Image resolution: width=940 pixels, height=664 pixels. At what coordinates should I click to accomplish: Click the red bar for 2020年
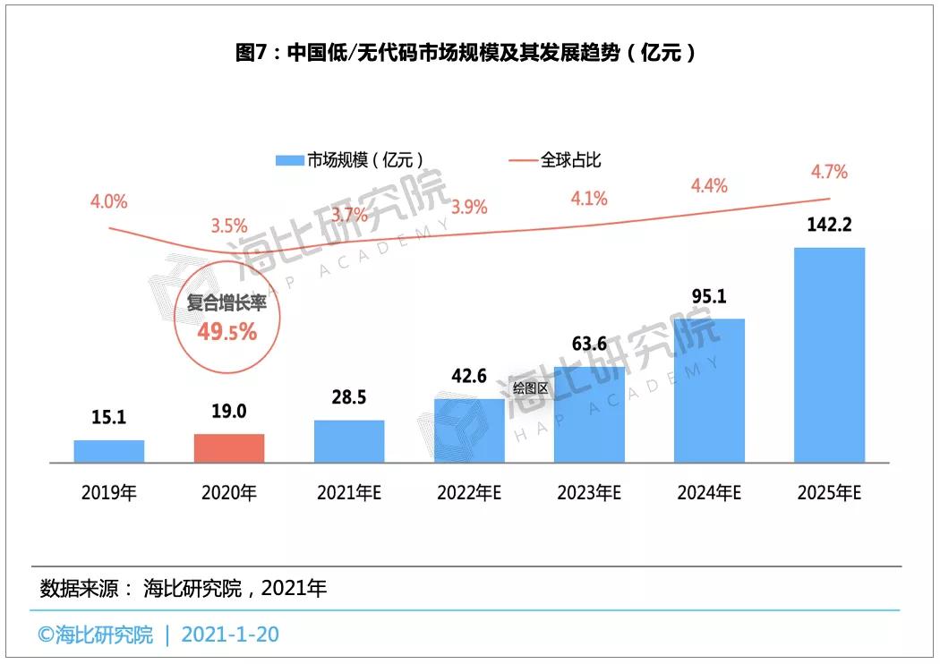point(229,448)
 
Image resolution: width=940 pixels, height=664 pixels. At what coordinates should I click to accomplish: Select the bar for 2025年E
point(830,355)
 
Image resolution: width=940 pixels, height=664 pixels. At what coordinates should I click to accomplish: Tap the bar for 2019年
point(109,451)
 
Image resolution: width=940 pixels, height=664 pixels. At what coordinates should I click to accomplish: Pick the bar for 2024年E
point(709,391)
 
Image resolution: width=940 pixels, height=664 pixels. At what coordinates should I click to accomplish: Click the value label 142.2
point(830,226)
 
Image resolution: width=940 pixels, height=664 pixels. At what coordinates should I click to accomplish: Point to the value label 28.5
point(349,399)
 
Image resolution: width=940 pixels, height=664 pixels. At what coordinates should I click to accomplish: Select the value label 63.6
point(589,346)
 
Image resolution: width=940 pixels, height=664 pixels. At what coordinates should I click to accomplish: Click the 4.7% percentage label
point(828,172)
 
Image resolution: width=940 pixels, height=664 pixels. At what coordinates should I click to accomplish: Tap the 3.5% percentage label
point(228,225)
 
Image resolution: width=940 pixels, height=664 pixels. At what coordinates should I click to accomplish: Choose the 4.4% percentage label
point(709,186)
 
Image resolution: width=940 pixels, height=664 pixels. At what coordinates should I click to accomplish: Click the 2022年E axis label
point(469,493)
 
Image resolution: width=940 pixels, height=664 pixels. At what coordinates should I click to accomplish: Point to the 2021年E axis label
point(349,493)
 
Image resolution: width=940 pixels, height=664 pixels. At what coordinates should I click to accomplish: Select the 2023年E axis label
point(589,493)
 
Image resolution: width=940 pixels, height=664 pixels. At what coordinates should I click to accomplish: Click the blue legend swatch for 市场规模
point(288,161)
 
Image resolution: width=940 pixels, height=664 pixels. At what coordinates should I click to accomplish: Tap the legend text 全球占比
point(570,160)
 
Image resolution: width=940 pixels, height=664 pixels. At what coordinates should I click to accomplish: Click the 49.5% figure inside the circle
point(227,332)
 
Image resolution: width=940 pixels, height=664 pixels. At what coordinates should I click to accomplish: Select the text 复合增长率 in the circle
point(227,303)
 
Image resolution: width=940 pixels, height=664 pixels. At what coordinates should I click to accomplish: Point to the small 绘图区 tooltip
point(530,388)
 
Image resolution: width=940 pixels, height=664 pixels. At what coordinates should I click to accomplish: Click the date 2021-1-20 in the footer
point(230,634)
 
